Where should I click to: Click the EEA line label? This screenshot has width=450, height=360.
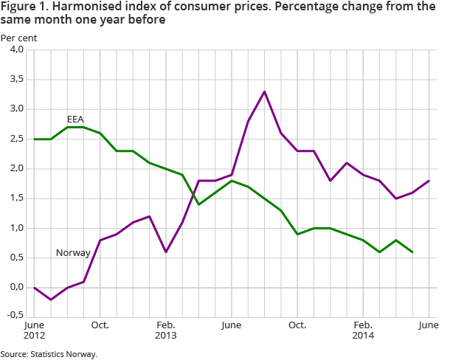[x=75, y=119]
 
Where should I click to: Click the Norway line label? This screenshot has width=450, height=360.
[x=73, y=253]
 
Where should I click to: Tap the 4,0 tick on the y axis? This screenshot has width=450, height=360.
[x=15, y=50]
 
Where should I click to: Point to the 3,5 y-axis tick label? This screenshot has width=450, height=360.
[x=15, y=80]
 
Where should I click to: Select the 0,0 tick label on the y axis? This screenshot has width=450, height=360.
[x=15, y=288]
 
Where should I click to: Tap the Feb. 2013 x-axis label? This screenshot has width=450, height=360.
[x=166, y=330]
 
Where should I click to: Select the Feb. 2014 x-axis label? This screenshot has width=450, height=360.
[x=363, y=330]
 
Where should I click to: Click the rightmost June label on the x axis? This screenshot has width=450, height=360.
[x=429, y=325]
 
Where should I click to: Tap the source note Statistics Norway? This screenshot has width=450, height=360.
[x=49, y=354]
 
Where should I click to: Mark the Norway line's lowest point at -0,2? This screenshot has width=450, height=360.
[x=51, y=300]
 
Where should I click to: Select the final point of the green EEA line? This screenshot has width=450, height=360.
[x=412, y=252]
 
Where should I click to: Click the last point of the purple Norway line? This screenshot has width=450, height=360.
[x=429, y=181]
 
